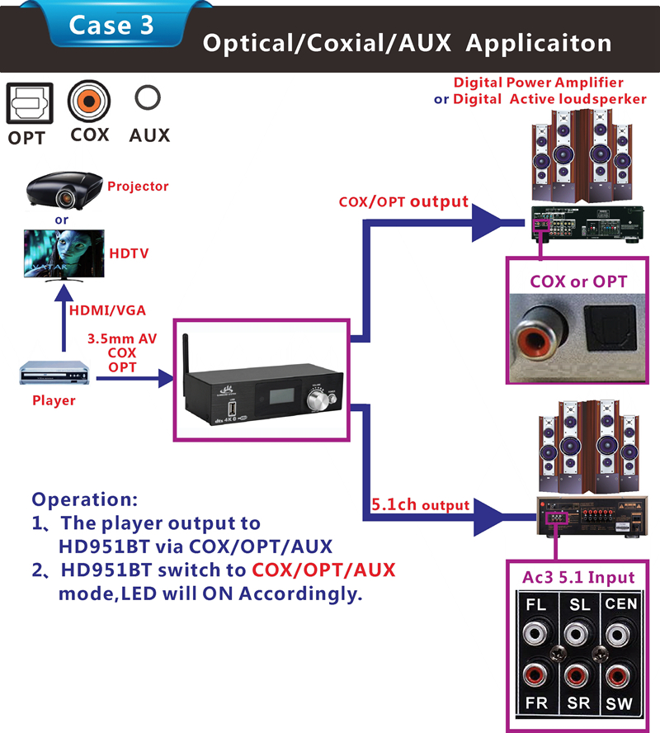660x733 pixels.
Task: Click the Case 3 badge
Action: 111,25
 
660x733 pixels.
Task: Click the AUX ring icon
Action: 148,100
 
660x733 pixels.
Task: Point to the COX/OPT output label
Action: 403,201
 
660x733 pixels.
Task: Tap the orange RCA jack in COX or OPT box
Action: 534,333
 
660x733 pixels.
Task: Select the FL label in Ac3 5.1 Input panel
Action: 536,605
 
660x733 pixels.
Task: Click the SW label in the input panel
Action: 620,704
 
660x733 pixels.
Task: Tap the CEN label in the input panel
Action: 620,604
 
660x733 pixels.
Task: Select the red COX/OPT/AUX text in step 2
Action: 323,570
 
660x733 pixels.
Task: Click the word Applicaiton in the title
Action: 539,43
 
